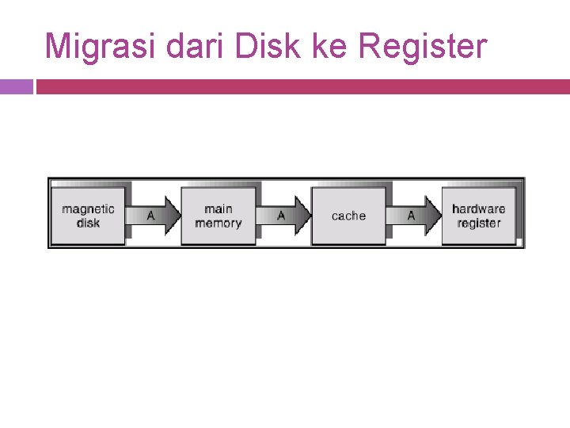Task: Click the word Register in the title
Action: [423, 47]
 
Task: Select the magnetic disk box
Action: [88, 216]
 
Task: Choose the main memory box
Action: [218, 216]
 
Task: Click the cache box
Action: [348, 216]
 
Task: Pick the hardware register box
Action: [478, 216]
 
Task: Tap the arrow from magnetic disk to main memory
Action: [154, 216]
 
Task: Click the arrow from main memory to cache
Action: [284, 216]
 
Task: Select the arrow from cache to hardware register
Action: [414, 216]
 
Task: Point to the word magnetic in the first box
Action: [88, 209]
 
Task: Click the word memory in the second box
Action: [218, 224]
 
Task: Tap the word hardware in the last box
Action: [478, 209]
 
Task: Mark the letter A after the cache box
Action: [411, 216]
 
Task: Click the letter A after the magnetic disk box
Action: [150, 216]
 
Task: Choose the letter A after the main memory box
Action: [281, 216]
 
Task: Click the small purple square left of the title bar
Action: [16, 86]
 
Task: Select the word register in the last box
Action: [478, 224]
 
